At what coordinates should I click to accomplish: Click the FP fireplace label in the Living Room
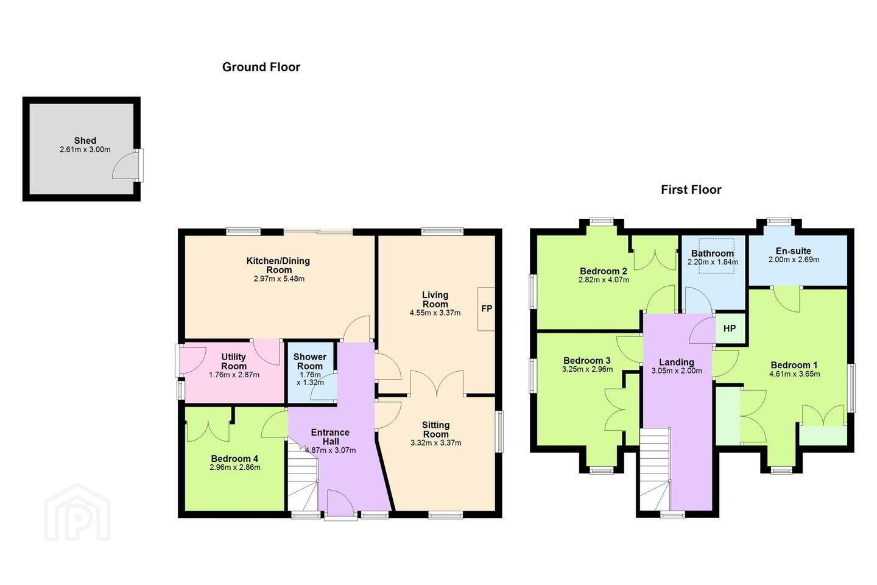(487, 309)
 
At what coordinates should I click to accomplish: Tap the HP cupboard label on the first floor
(730, 328)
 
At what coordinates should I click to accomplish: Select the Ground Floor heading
(261, 67)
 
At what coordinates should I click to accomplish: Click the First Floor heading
(691, 190)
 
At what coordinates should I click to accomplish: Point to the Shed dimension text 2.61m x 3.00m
(85, 150)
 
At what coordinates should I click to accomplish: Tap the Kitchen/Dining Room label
(278, 265)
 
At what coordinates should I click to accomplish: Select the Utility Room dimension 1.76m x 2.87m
(234, 375)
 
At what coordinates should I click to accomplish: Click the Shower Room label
(309, 361)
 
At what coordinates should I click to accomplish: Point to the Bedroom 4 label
(234, 458)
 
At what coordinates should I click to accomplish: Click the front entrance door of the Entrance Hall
(340, 503)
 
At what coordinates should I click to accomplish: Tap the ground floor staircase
(303, 477)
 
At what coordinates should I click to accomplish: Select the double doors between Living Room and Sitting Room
(437, 383)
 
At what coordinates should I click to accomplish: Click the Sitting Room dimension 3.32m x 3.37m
(436, 443)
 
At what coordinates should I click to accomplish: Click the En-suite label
(794, 251)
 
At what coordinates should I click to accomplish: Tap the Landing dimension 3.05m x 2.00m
(677, 370)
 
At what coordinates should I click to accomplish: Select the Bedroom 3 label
(587, 361)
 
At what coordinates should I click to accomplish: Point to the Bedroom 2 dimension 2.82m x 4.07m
(604, 280)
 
